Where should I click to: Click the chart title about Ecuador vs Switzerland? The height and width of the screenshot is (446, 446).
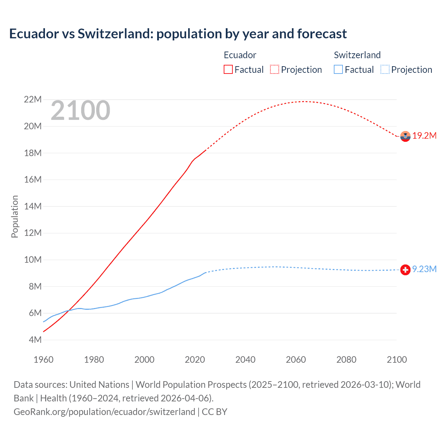click(x=178, y=34)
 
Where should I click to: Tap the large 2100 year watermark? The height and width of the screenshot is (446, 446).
click(x=80, y=110)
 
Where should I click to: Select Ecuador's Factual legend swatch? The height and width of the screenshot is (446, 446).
click(x=228, y=69)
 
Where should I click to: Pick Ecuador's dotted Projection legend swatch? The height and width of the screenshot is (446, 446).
click(x=275, y=69)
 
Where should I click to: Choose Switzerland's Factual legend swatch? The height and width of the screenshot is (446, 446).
click(x=338, y=69)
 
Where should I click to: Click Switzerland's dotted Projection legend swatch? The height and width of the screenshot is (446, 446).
click(x=385, y=69)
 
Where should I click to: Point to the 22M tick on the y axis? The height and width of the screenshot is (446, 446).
click(x=33, y=100)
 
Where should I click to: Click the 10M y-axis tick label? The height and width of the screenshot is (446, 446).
click(x=33, y=260)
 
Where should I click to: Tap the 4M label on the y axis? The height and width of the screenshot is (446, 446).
click(x=35, y=340)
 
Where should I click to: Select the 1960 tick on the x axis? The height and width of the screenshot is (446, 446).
click(x=44, y=360)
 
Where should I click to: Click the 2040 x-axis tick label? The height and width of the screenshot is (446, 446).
click(x=245, y=360)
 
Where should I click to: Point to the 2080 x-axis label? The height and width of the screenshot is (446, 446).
click(x=346, y=360)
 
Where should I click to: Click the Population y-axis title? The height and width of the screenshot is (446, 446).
click(x=15, y=216)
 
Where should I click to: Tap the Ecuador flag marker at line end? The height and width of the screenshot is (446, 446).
click(x=405, y=136)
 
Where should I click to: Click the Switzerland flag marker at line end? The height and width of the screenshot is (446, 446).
click(x=405, y=270)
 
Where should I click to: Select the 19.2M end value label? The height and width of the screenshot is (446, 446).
click(x=424, y=136)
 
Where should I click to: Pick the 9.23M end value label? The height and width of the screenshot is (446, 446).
click(x=424, y=269)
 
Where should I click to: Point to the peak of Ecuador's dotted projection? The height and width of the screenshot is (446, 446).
click(x=304, y=101)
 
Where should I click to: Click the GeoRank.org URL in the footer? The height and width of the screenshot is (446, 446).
click(x=104, y=412)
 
